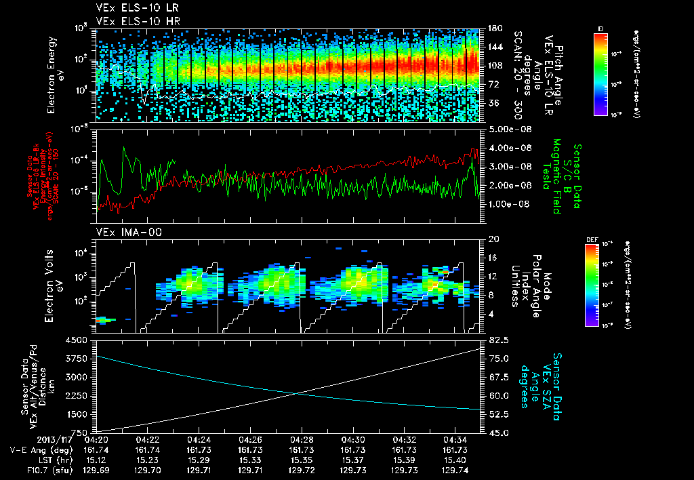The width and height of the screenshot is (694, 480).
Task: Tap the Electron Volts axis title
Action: coord(53,285)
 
